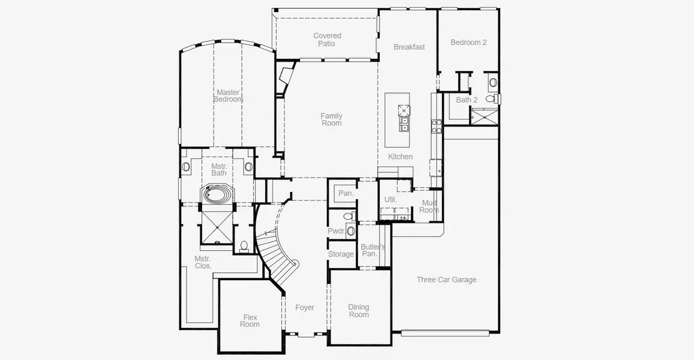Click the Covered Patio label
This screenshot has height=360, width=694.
(x=327, y=40)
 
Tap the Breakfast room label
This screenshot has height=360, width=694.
(x=409, y=47)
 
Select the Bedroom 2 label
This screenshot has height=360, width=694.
(x=468, y=43)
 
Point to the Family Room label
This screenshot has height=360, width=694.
(x=332, y=119)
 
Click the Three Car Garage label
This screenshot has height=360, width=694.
(x=447, y=280)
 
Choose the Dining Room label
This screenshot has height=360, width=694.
(x=359, y=311)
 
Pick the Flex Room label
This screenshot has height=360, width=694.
(x=250, y=320)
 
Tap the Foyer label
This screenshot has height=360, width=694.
(x=305, y=307)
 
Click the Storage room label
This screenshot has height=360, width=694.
(x=341, y=254)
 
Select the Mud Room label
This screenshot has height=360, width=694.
(x=429, y=206)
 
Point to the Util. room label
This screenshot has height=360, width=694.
(x=390, y=200)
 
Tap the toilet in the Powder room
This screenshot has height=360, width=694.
(x=348, y=216)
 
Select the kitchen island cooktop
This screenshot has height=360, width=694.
(x=404, y=110)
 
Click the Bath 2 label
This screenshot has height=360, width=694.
(x=467, y=100)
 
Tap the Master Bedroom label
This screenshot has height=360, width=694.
(x=229, y=95)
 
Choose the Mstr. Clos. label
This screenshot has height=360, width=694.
(x=203, y=262)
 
